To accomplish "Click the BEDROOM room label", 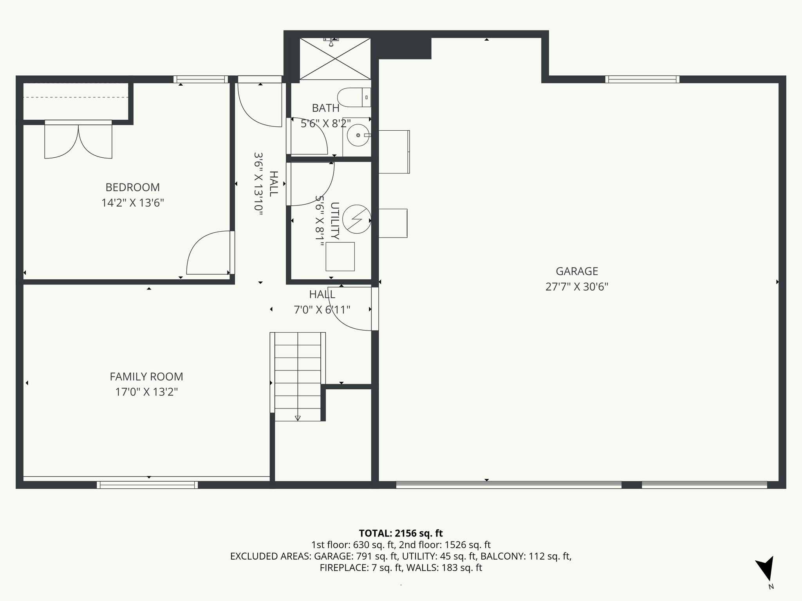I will (132, 187).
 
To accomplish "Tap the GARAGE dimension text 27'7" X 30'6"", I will (576, 287).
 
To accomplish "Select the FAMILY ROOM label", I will (146, 376).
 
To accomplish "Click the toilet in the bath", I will (354, 97).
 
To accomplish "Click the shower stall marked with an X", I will (335, 59).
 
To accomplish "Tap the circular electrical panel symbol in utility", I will (356, 220).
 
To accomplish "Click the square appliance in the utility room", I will (340, 257).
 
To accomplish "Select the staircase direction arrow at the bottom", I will (298, 418).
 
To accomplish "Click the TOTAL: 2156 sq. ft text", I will (401, 533).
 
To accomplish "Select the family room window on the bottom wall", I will (147, 485).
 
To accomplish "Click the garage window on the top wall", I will (642, 79).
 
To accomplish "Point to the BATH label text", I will (325, 108).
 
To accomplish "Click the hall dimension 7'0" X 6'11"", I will (322, 310).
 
